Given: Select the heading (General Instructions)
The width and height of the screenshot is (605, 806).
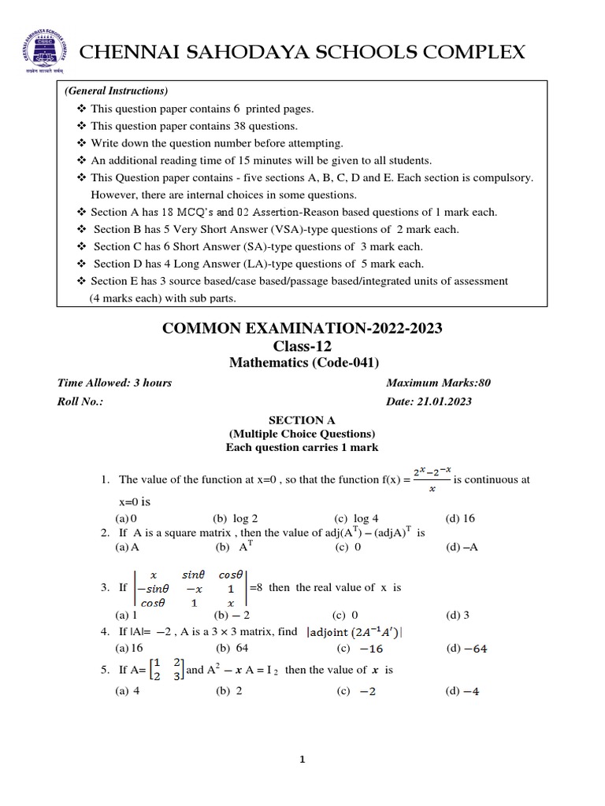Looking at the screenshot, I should tap(116, 91).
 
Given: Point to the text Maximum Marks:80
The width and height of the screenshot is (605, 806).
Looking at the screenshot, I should tap(438, 383).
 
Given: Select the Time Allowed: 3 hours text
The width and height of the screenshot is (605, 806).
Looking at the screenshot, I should tap(114, 383).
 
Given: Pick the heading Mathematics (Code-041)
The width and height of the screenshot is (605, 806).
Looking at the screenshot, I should tap(303, 363).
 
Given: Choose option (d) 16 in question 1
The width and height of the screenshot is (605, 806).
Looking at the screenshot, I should tap(460, 519).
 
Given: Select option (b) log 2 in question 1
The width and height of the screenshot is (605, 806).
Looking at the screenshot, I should tap(236, 519).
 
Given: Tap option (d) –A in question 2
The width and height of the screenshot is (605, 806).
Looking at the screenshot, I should tap(462, 547).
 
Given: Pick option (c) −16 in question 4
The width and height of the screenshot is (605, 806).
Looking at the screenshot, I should tap(355, 649).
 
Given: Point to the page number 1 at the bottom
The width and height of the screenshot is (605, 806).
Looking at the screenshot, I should tap(302, 760).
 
